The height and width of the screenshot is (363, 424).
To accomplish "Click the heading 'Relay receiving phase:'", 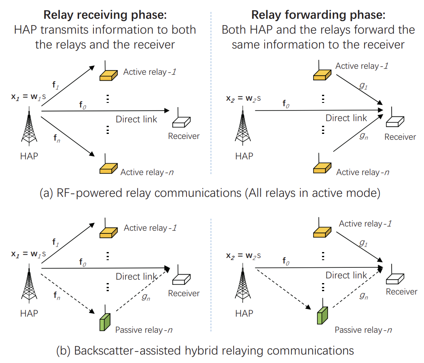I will tap(105, 15).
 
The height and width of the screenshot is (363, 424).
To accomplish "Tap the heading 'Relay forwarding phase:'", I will tap(318, 15).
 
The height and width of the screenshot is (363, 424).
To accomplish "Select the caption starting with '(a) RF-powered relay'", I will tap(209, 193).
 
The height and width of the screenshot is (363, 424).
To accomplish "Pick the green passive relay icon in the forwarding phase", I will tap(323, 314).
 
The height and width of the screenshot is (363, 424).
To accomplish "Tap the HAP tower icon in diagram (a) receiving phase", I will tap(29, 128).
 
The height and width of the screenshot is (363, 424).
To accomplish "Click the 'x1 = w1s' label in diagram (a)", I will tap(29, 97).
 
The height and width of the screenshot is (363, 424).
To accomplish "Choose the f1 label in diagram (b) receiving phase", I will tap(55, 242).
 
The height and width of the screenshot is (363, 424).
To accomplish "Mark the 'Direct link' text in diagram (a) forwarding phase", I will tap(346, 118).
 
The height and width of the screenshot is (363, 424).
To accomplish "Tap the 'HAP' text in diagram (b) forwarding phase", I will tap(244, 314).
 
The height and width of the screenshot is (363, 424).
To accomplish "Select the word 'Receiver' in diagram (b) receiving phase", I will tap(184, 293).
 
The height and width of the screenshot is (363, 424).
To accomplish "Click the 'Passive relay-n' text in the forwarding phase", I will tap(362, 330).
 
